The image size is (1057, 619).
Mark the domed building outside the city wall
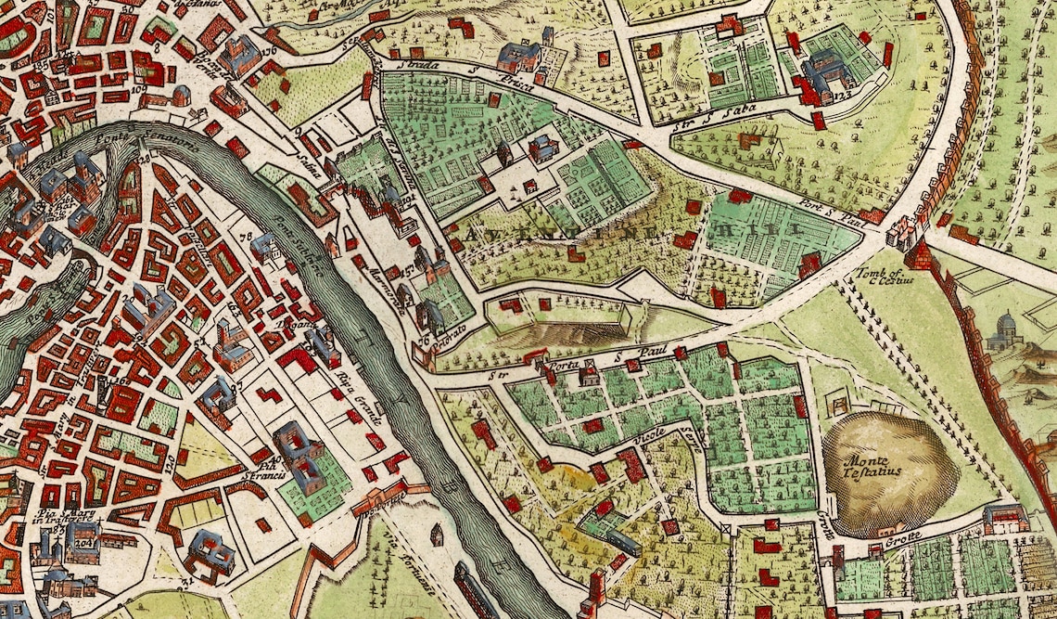point(1002,329)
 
